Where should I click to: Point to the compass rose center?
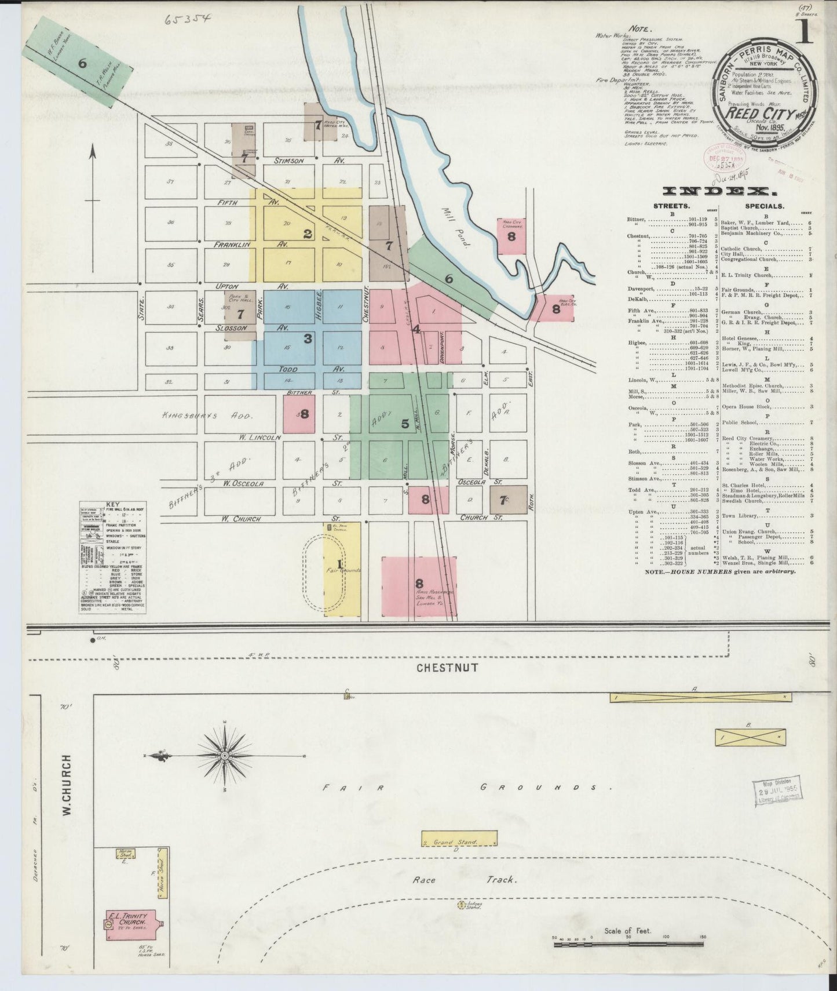click(x=224, y=756)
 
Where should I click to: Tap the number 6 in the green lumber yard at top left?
click(x=82, y=64)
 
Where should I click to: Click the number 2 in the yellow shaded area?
click(x=308, y=234)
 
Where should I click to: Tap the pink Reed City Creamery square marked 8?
click(x=511, y=236)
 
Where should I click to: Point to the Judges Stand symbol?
click(x=463, y=920)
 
